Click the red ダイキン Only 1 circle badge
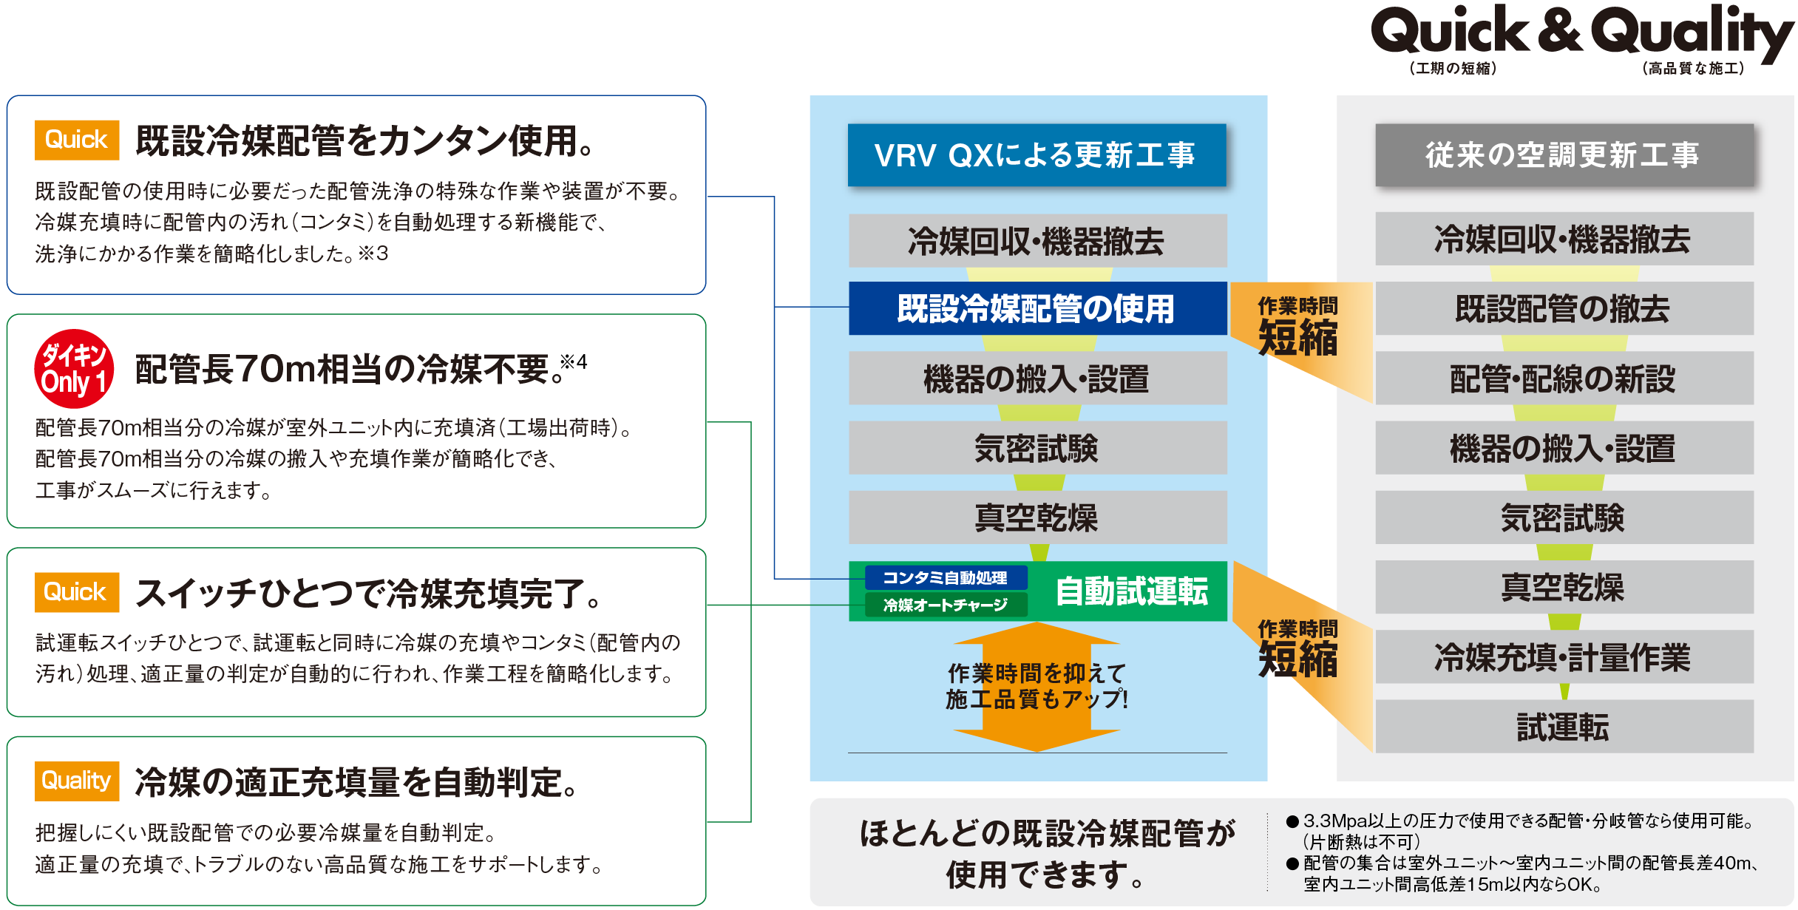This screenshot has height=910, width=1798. [x=74, y=369]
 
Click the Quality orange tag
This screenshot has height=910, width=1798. [x=77, y=781]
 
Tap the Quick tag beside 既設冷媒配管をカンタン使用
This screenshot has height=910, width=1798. [x=77, y=140]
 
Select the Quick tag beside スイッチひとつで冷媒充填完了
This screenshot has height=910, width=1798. [x=77, y=592]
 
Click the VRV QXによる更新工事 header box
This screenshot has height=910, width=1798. [x=1037, y=155]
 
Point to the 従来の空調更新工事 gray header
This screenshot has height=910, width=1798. [x=1564, y=155]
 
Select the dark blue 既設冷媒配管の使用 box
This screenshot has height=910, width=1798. [x=1037, y=308]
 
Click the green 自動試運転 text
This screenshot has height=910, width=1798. [x=1131, y=591]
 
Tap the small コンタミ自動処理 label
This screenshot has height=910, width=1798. [x=945, y=577]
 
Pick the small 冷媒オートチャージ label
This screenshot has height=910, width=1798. [x=945, y=605]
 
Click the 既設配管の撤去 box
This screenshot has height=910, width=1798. [x=1564, y=308]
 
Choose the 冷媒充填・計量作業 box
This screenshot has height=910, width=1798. [x=1564, y=656]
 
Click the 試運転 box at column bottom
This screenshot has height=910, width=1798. [x=1564, y=727]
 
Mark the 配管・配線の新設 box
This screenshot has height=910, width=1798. [x=1564, y=378]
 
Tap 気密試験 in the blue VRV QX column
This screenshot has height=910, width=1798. [x=1037, y=448]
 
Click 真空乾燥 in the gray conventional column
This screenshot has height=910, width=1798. [x=1564, y=587]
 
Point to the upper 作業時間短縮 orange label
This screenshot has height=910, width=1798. [x=1298, y=327]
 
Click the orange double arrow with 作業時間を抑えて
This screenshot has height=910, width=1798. [x=1037, y=686]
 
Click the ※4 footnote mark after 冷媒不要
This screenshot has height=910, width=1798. [x=573, y=361]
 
